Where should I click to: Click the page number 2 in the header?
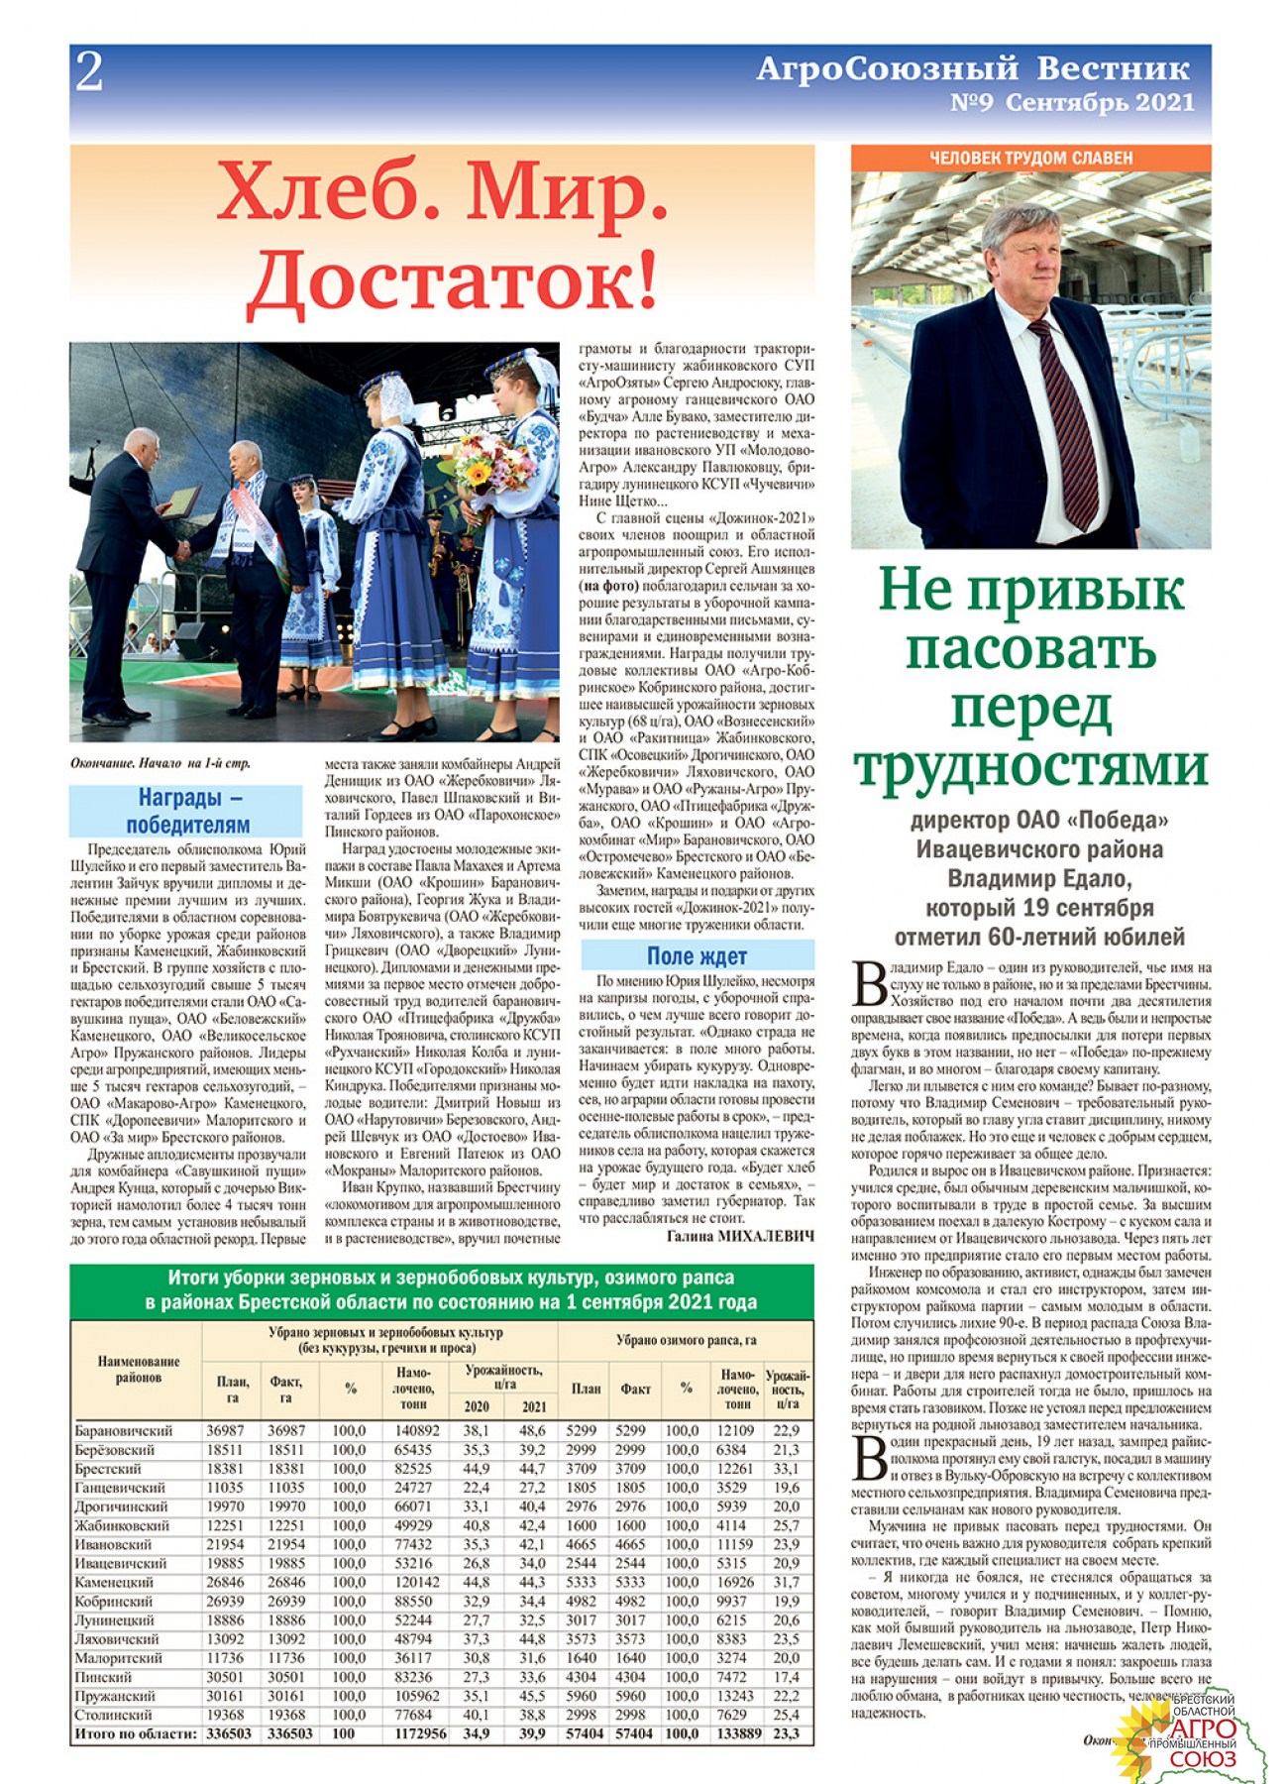tap(89, 72)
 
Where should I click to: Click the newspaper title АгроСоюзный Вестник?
tap(972, 68)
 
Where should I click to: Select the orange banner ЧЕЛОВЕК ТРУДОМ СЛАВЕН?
tap(1030, 158)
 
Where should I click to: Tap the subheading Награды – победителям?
tap(186, 811)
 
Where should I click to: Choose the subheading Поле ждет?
tap(697, 955)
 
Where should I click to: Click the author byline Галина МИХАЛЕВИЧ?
tap(739, 1236)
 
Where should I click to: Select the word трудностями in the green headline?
tap(1030, 766)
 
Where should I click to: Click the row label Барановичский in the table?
tap(124, 1430)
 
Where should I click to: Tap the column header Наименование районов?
tap(139, 1370)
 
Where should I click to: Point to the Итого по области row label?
tap(136, 1733)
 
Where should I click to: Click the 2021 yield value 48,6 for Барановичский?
tap(531, 1430)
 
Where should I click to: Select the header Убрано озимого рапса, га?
tap(686, 1340)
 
